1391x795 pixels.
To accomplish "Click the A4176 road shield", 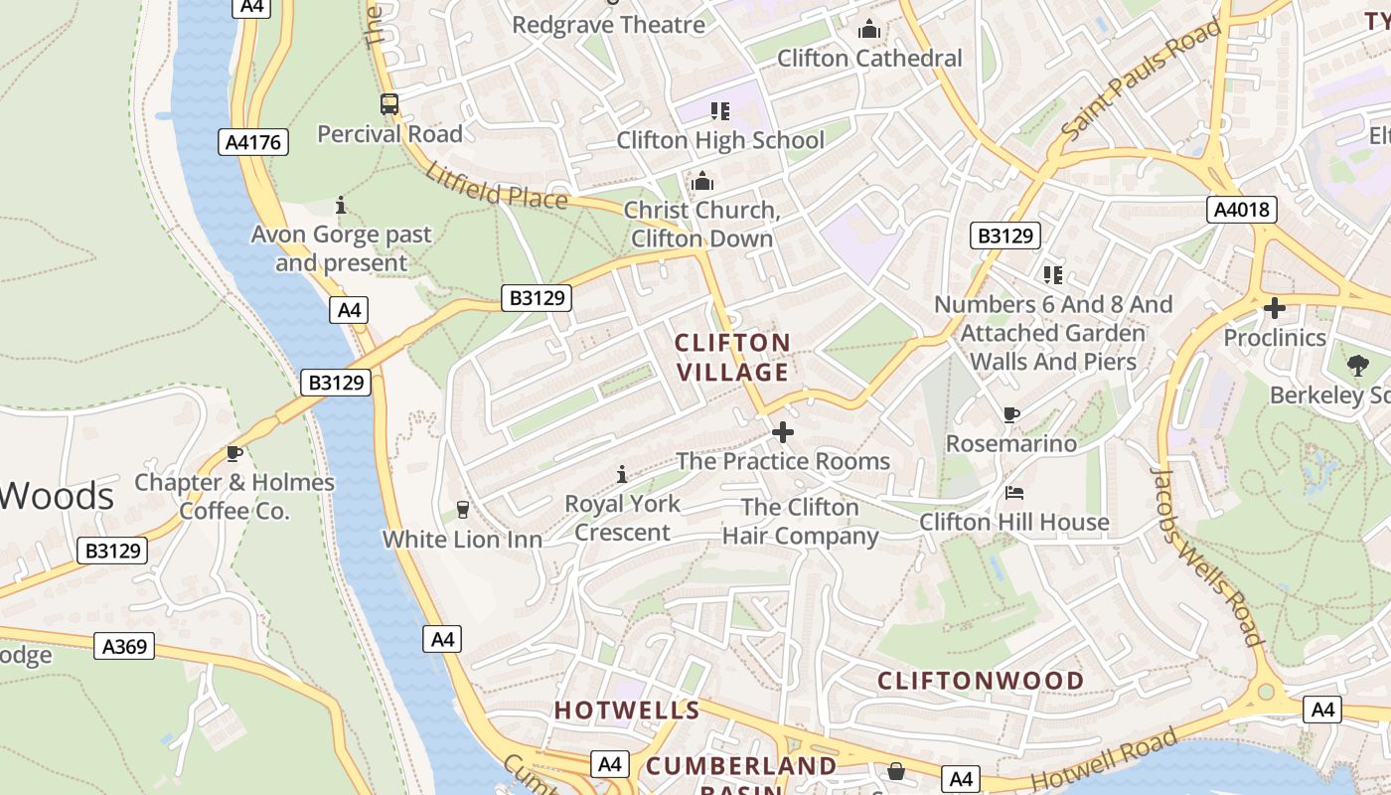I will tap(253, 142).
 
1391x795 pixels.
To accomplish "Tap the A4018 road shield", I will tap(1242, 210).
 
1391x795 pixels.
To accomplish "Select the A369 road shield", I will tap(126, 647).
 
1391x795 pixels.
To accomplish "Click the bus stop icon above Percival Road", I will tap(389, 104).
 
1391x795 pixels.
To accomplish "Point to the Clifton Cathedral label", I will tap(869, 58).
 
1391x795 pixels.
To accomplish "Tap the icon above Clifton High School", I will tap(720, 110).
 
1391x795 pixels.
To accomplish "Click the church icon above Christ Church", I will tap(702, 181).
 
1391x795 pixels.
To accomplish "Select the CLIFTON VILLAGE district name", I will tap(732, 358).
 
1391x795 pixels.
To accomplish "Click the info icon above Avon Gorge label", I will tap(341, 206).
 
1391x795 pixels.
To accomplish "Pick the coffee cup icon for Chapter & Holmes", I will tap(234, 454).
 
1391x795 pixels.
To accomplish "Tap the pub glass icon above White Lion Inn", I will tap(462, 510).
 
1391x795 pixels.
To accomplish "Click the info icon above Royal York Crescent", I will tap(622, 474).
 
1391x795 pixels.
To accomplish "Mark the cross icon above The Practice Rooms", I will tap(783, 432).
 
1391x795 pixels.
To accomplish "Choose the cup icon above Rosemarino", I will tap(1011, 414).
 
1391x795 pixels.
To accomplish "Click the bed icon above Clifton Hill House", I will tap(1013, 492).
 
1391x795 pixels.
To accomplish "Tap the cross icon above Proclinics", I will tap(1274, 308).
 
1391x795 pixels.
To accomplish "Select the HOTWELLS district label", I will tap(627, 711).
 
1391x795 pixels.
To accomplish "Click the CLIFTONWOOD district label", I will tap(981, 681).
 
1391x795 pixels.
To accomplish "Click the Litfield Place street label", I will tap(496, 186).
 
